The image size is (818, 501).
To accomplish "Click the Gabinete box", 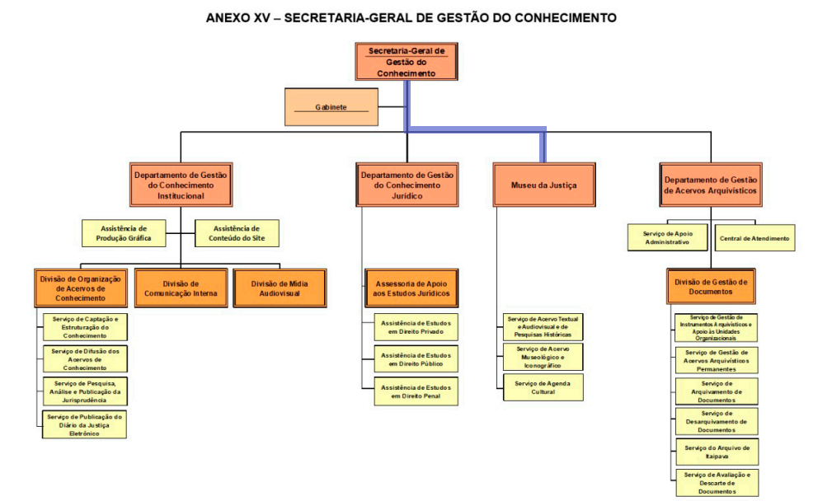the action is pyautogui.click(x=331, y=107).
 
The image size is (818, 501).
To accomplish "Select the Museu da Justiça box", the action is pyautogui.click(x=544, y=185).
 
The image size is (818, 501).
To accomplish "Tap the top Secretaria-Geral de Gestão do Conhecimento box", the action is pyautogui.click(x=407, y=62).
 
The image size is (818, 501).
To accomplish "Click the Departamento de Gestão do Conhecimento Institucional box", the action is pyautogui.click(x=181, y=185).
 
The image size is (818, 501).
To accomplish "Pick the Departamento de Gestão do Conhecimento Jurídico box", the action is pyautogui.click(x=407, y=185).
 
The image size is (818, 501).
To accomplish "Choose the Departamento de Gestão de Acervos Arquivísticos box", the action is pyautogui.click(x=711, y=185).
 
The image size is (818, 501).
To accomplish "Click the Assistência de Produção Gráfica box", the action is pyautogui.click(x=124, y=233).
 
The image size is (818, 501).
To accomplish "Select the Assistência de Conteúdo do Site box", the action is pyautogui.click(x=237, y=233).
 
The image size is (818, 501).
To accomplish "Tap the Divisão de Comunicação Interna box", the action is pyautogui.click(x=181, y=288).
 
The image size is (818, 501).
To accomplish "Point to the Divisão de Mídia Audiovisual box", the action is pyautogui.click(x=280, y=288).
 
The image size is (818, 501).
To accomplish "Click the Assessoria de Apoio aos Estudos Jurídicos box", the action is pyautogui.click(x=411, y=288).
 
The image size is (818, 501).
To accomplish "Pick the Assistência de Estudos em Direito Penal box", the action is pyautogui.click(x=416, y=391).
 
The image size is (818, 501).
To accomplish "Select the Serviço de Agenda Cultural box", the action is pyautogui.click(x=543, y=387).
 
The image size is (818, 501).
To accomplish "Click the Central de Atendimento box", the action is pyautogui.click(x=755, y=238).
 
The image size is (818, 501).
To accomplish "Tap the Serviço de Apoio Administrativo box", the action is pyautogui.click(x=668, y=237).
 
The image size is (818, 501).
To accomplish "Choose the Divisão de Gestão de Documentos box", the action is pyautogui.click(x=711, y=287).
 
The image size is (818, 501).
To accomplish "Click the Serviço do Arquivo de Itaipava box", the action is pyautogui.click(x=717, y=452).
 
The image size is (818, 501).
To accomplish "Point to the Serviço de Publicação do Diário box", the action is pyautogui.click(x=84, y=425).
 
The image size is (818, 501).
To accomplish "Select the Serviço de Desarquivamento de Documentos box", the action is pyautogui.click(x=717, y=422).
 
